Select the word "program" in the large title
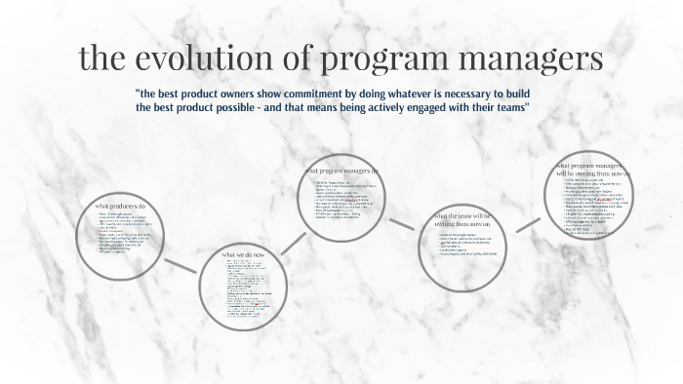[385, 58]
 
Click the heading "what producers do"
[120, 206]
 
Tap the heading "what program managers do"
[341, 171]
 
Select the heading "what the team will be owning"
[463, 219]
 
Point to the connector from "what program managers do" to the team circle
[401, 225]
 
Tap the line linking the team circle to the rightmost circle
[528, 224]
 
